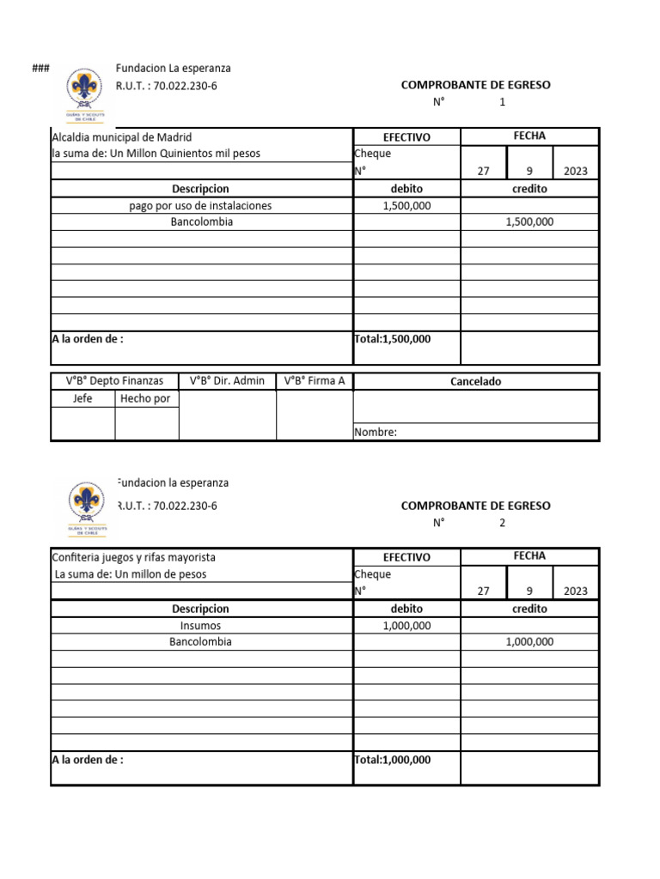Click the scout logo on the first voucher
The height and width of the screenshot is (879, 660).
coord(87,93)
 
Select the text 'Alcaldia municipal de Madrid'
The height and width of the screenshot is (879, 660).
coord(122,137)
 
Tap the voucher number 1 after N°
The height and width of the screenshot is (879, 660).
coord(503,102)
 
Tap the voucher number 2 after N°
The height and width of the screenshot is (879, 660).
coord(503,523)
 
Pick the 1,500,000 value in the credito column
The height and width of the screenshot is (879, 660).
coord(529,221)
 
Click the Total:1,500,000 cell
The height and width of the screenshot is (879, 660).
coord(393,339)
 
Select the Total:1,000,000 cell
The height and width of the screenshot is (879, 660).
coord(393,760)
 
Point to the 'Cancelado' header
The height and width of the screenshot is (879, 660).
coord(475,382)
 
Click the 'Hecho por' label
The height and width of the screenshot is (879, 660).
coord(145,398)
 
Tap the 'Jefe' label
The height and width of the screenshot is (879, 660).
coord(82,398)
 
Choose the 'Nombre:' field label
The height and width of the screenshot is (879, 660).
coord(376,433)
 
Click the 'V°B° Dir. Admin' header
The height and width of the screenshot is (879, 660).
coord(228,381)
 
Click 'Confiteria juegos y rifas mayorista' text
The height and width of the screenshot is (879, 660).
coord(134,558)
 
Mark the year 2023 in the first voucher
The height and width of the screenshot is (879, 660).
coord(575,171)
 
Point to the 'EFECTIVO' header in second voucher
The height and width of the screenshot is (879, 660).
coord(406,558)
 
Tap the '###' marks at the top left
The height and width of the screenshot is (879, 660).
coord(40,69)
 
